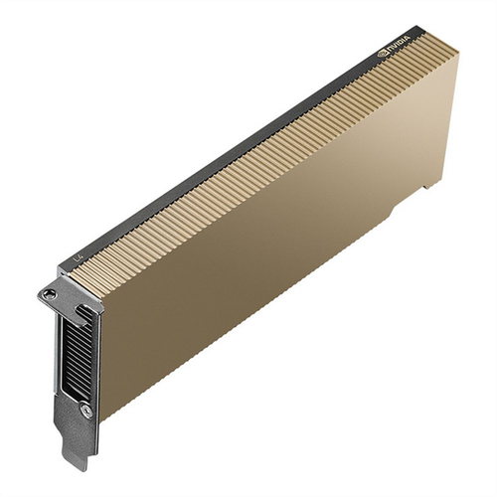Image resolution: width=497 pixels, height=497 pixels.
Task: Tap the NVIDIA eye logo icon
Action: coord(386,48)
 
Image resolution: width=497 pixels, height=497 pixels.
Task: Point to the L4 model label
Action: coord(80,257)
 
